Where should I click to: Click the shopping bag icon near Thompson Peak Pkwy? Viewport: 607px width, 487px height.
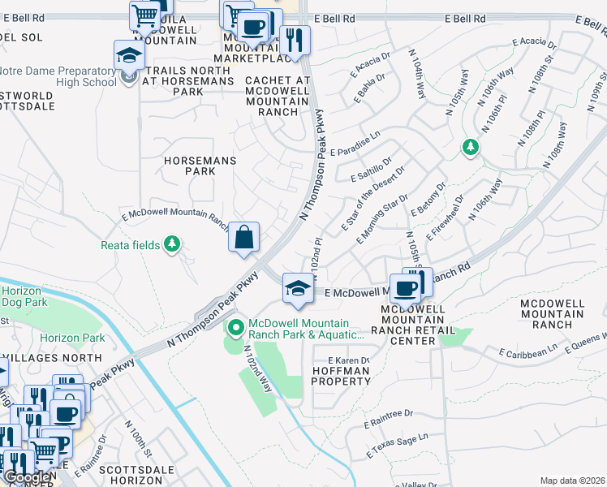coord(243,238)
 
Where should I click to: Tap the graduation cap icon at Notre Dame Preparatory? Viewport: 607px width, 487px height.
coord(129,56)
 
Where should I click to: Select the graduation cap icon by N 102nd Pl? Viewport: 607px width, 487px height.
coord(298,289)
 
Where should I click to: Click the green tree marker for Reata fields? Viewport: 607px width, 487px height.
coord(171,243)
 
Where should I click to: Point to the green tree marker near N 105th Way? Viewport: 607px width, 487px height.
coord(469,147)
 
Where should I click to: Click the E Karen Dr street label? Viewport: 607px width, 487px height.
coord(348,360)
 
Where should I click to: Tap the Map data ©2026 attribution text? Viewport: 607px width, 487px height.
coord(572,481)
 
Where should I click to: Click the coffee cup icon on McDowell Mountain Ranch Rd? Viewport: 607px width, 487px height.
coord(408,287)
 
